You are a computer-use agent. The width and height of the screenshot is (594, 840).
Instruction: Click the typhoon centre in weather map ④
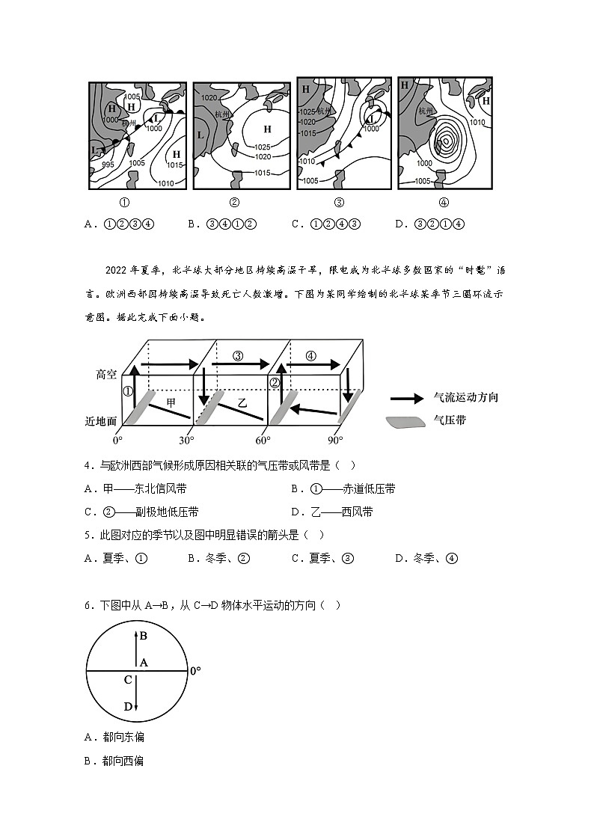coord(446,140)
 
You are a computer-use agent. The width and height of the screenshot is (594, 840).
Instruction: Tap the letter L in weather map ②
coord(200,135)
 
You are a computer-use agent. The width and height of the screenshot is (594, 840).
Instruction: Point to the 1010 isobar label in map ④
coord(477,123)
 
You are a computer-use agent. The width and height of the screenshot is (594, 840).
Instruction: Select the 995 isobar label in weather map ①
coord(108,165)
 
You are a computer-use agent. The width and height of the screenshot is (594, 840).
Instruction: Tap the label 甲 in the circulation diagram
coord(171,402)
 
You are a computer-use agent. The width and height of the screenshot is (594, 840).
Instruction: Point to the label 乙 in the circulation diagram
coord(242,402)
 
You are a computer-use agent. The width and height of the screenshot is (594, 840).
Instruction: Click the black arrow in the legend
coord(408,398)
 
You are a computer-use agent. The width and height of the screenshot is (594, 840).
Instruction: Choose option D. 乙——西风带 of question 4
coord(332,512)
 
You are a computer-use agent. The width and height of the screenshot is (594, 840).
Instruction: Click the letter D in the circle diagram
coord(128,706)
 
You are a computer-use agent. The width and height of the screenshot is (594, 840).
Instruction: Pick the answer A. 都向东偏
coord(114,737)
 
